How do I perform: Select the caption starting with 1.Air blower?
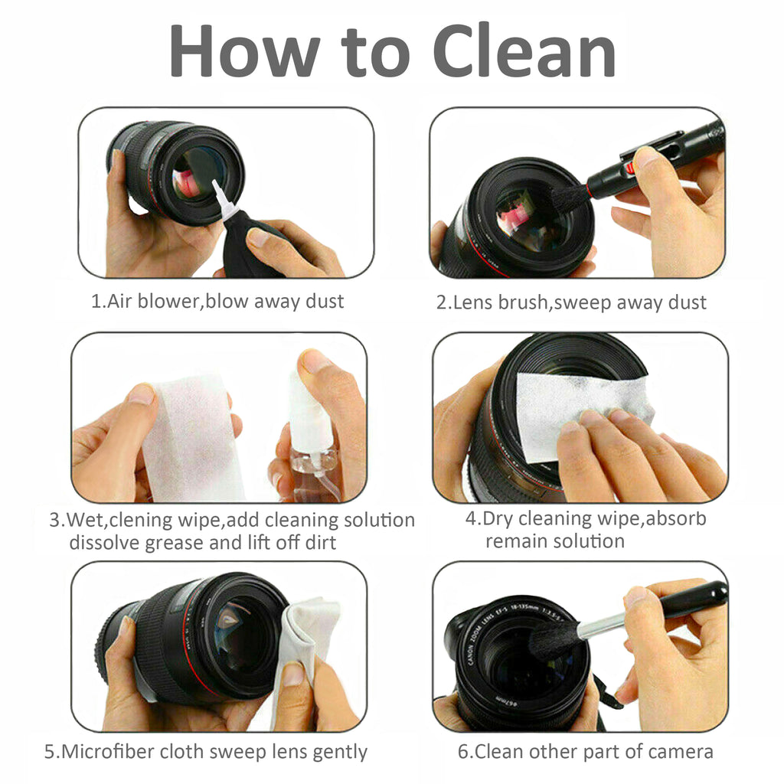click(217, 301)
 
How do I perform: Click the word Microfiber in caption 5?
click(115, 751)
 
